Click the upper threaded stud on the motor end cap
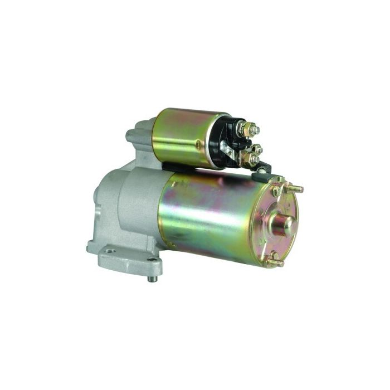[x=294, y=188]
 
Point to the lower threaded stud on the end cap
[x=274, y=262]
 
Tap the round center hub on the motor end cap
[x=284, y=223]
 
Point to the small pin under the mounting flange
[x=151, y=277]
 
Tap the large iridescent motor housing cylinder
[x=217, y=217]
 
